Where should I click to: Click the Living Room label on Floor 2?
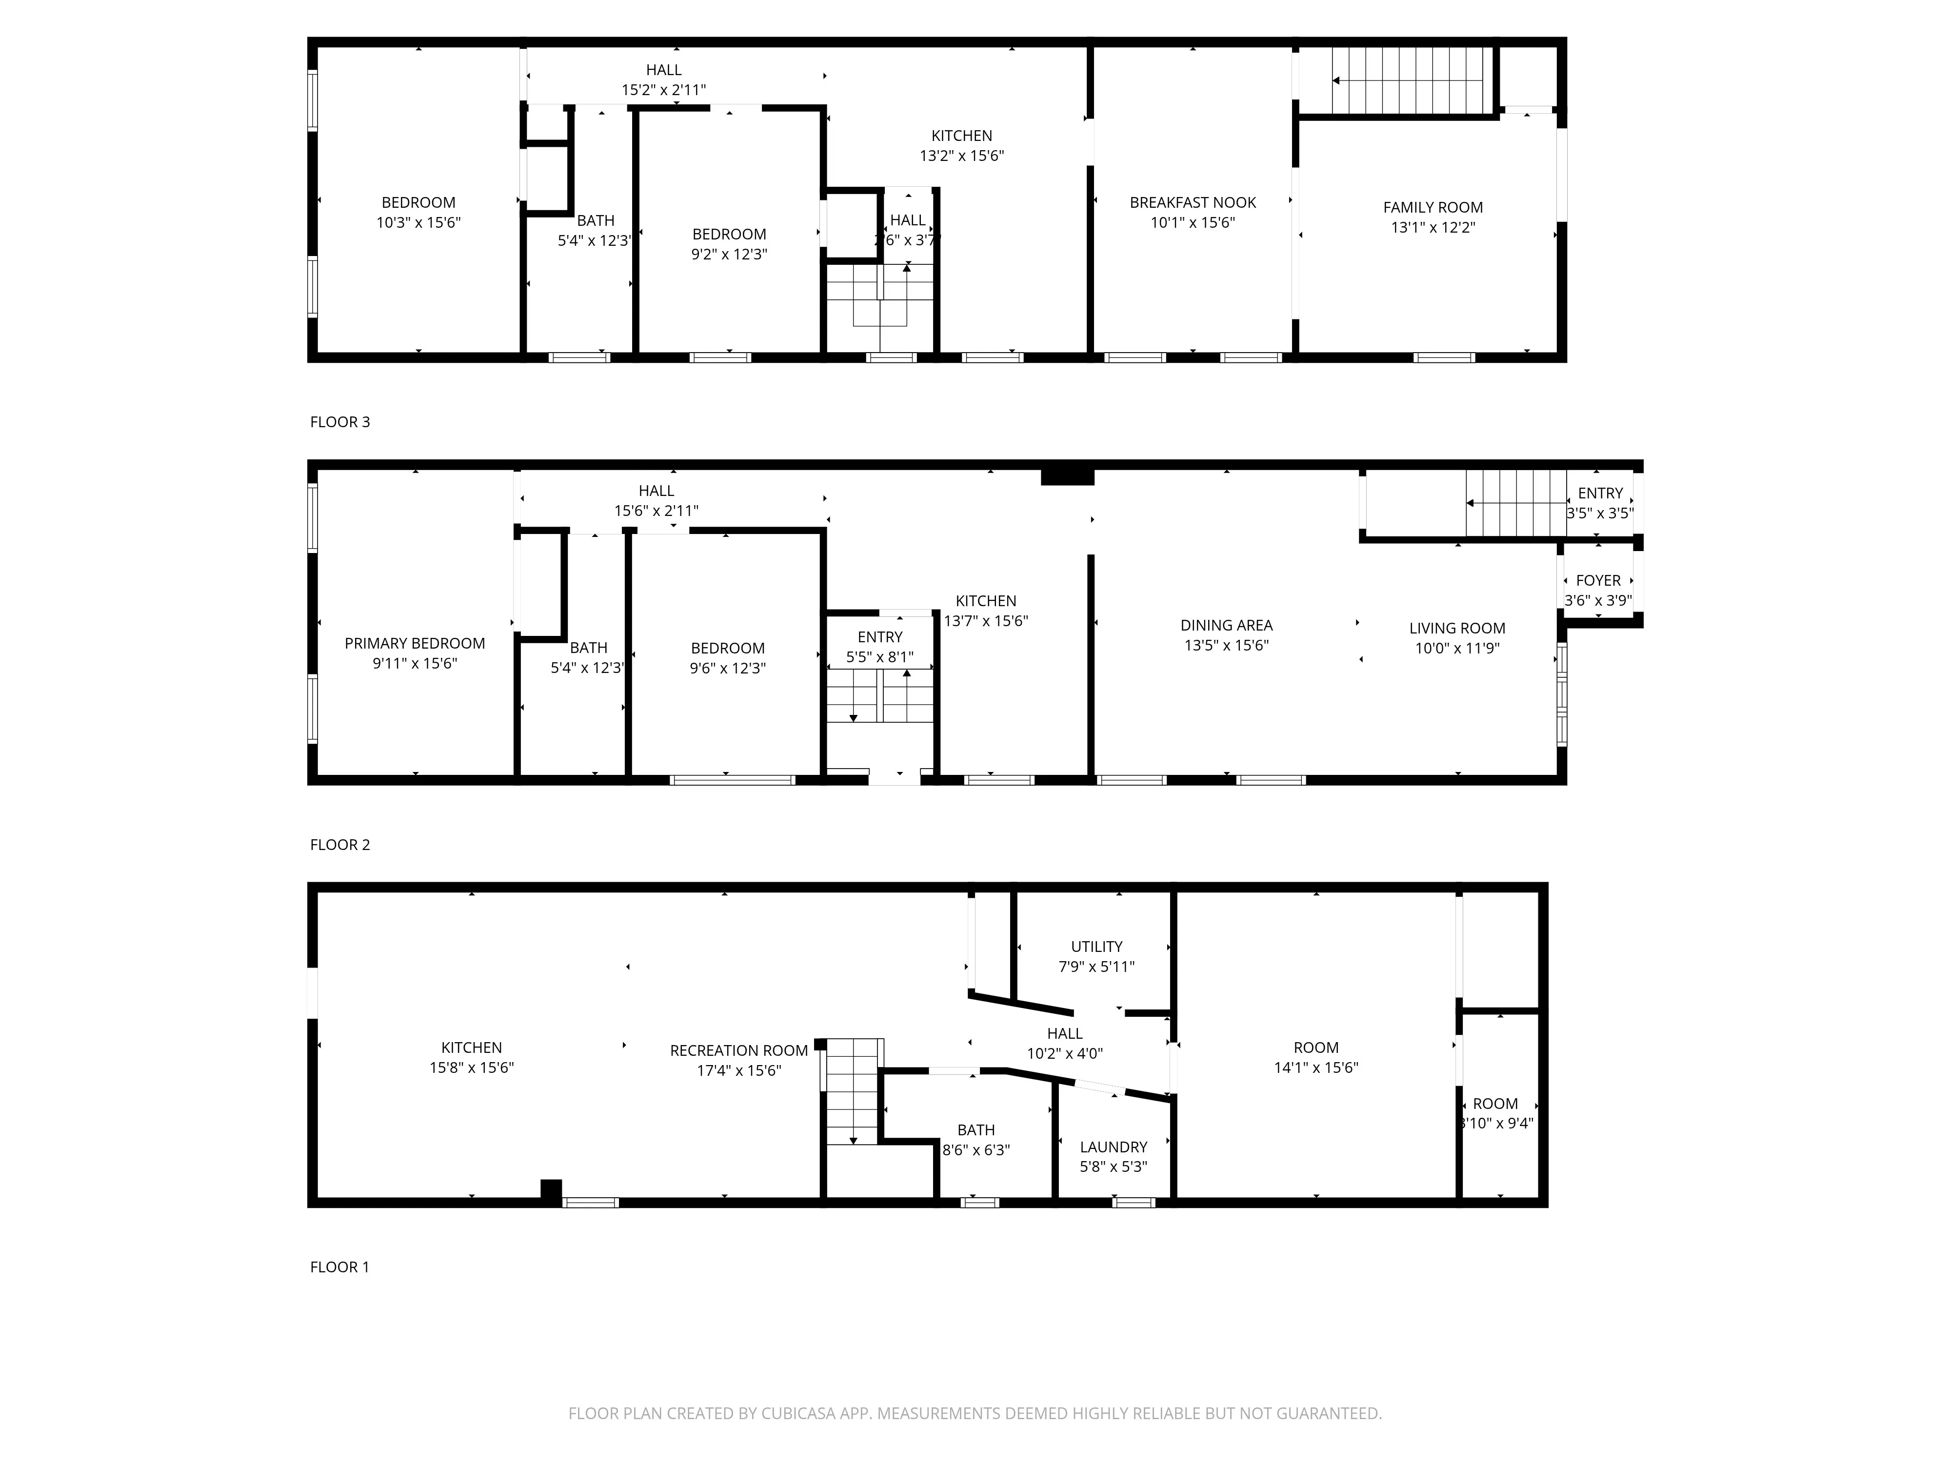[x=1457, y=628]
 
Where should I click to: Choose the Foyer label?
[x=1598, y=580]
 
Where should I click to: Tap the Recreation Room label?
[x=738, y=1050]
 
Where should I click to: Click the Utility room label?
[x=1096, y=946]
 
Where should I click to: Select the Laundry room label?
[x=1113, y=1147]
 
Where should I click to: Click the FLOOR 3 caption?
[x=339, y=421]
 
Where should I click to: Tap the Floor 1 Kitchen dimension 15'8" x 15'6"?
[x=471, y=1067]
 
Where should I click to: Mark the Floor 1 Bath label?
[x=975, y=1129]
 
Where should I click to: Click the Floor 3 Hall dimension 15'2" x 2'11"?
[x=663, y=90]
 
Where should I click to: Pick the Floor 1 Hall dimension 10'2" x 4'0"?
[x=1065, y=1053]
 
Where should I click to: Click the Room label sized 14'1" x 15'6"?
[x=1316, y=1048]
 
